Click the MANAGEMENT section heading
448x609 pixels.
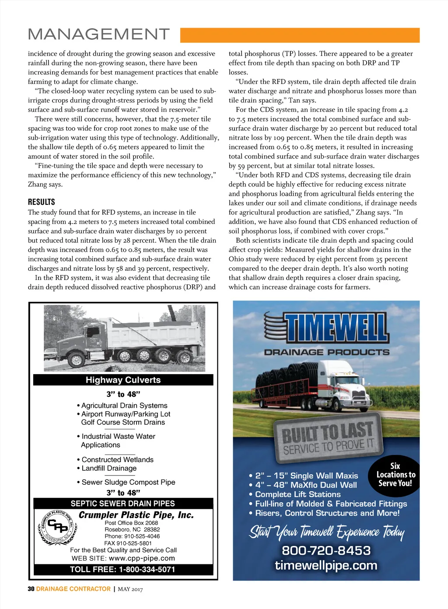tap(98, 34)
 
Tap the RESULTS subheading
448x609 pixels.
tap(42, 202)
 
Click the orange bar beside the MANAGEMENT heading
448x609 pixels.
tap(300, 35)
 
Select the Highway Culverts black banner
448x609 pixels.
tap(123, 380)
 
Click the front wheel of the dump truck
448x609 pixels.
tap(76, 360)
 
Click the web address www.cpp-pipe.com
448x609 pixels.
tap(142, 558)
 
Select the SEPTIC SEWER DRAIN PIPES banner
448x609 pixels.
tap(123, 504)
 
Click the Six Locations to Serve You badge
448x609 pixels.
tap(395, 475)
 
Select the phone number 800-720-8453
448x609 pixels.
tap(326, 550)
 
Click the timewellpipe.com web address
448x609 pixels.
tap(326, 565)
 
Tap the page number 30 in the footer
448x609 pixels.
tap(31, 589)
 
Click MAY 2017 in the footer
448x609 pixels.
tap(130, 589)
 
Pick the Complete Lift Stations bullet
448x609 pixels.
tap(297, 494)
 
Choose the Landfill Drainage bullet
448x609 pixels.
tap(109, 468)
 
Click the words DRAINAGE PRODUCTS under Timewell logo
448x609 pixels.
tap(326, 352)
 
